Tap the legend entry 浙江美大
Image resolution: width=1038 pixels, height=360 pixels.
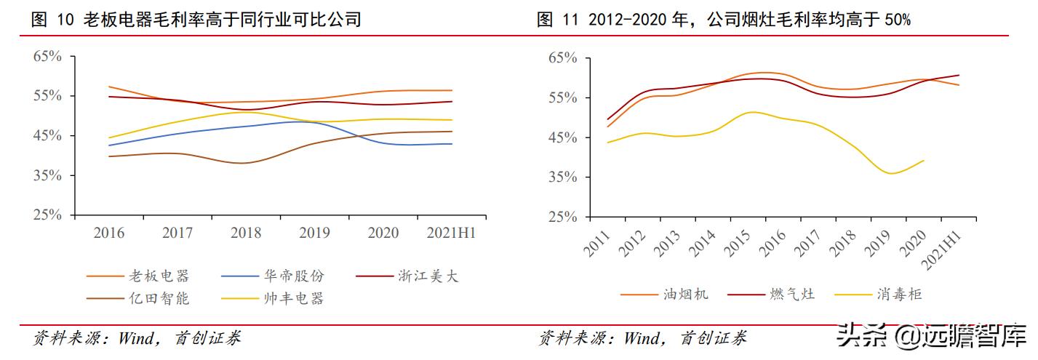coord(428,276)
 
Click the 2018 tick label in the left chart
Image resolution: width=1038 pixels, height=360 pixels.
coord(246,233)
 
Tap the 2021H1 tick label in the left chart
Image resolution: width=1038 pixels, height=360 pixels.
coord(452,233)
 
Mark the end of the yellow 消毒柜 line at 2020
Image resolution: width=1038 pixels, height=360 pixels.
coord(924,160)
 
